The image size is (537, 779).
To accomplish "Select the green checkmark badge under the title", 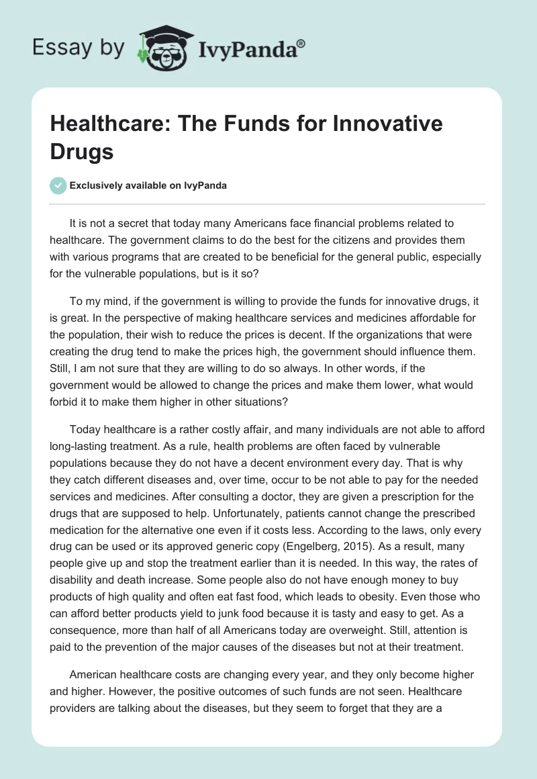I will pyautogui.click(x=58, y=185).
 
